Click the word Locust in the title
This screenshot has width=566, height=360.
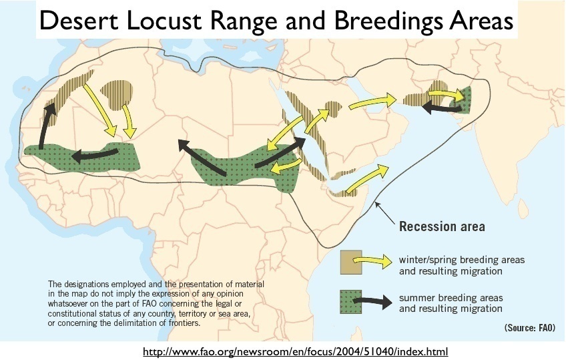[x=164, y=20]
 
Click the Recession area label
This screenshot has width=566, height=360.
[x=442, y=226]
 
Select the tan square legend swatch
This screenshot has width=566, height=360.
[x=351, y=262]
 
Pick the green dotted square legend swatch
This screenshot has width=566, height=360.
[x=351, y=301]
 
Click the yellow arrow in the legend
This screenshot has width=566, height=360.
[x=372, y=260]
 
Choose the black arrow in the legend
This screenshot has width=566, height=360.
[x=372, y=301]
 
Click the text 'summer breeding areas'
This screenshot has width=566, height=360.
[x=451, y=298]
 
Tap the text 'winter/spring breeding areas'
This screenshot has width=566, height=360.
[x=462, y=260]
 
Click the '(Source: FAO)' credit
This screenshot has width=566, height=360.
[x=529, y=327]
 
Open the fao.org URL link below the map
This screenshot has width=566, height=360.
[x=295, y=351]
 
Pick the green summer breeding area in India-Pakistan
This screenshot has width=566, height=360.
[x=463, y=100]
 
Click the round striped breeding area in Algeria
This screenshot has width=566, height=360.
[x=117, y=95]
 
